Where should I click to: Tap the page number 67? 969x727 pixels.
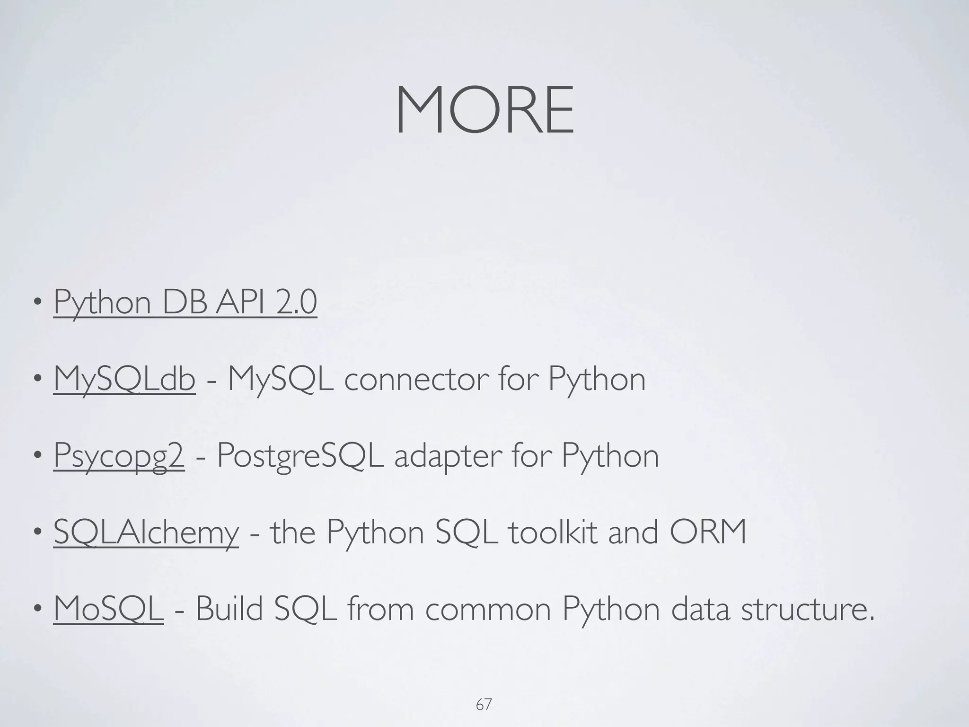(x=484, y=705)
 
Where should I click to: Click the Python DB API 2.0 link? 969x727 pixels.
(x=185, y=302)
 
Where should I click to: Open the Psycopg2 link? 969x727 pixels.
(x=119, y=456)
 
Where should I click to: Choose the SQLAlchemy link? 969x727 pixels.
(x=146, y=532)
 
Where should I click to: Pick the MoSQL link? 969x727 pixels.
(x=108, y=609)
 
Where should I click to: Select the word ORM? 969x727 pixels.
(x=708, y=532)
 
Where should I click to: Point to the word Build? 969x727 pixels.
(x=229, y=609)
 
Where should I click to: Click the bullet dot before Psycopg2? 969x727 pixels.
(x=37, y=457)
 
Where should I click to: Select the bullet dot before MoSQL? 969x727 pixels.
(x=37, y=610)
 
